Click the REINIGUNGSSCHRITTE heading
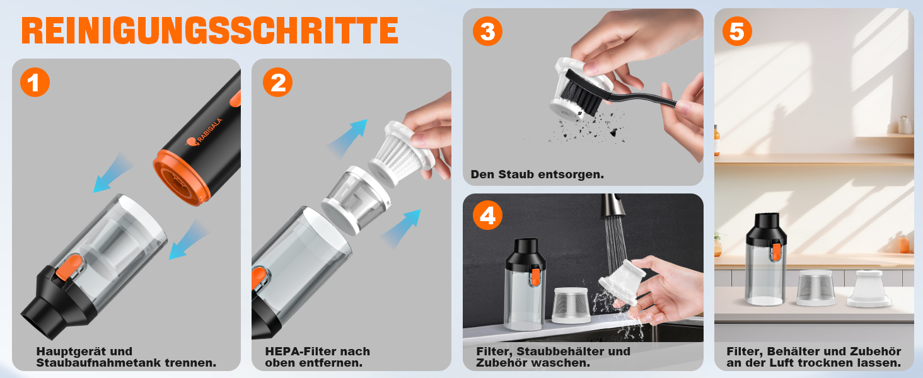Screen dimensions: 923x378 [x=210, y=30]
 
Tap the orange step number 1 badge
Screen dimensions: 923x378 [x=35, y=83]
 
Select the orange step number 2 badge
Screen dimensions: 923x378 [x=278, y=83]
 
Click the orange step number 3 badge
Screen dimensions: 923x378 [x=487, y=31]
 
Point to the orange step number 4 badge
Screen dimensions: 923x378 [x=487, y=215]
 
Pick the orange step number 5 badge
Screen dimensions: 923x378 [x=737, y=31]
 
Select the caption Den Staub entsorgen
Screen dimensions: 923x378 [x=537, y=175]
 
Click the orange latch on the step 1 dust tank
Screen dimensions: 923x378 [x=70, y=268]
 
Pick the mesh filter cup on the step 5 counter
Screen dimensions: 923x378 [x=815, y=287]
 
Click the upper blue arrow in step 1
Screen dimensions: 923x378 [x=113, y=173]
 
